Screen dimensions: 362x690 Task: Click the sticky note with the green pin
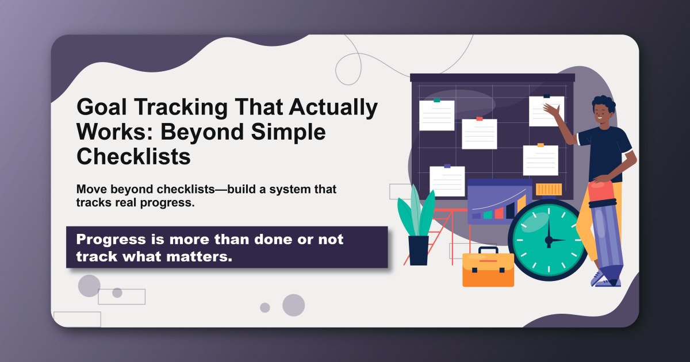[436, 115]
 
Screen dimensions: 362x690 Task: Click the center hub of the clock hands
[549, 240]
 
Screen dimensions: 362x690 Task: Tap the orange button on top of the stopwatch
[549, 190]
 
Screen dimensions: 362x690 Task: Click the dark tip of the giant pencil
[614, 282]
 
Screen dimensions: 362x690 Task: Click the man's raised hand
[553, 110]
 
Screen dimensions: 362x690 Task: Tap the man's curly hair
[604, 104]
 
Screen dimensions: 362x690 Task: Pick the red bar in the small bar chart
[499, 213]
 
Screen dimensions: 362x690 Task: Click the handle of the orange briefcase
[488, 251]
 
